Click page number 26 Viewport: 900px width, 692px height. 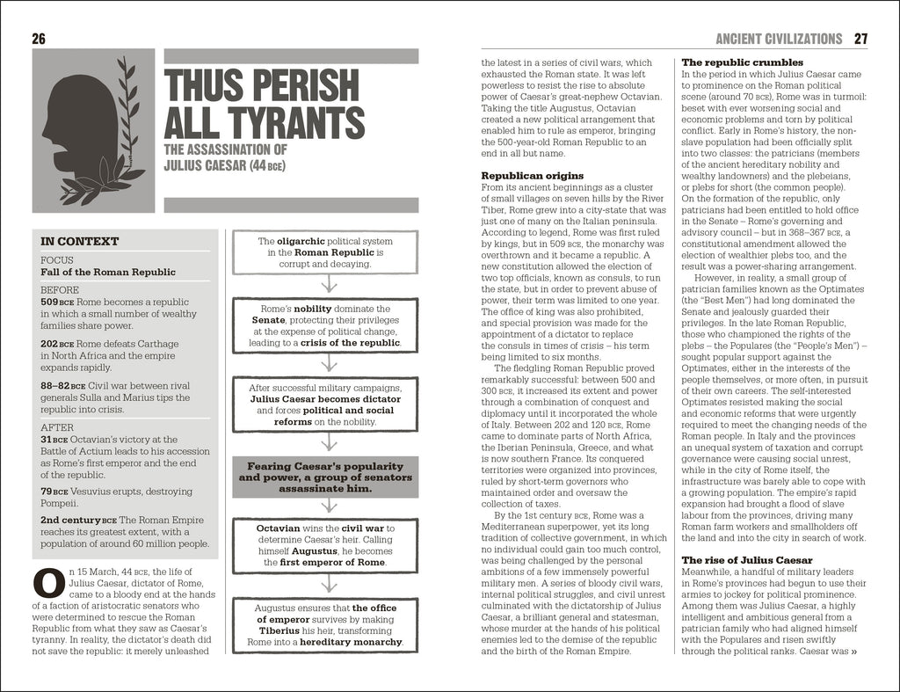coord(38,39)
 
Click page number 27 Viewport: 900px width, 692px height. coord(860,39)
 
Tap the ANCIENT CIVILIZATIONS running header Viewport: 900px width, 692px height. coord(778,39)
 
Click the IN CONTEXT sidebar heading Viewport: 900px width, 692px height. coord(80,241)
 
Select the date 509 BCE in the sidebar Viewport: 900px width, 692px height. coord(56,302)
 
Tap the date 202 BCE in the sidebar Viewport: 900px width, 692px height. coord(56,344)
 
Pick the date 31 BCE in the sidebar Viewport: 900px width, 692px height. coord(54,439)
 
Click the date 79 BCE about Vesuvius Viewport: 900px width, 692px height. coord(54,491)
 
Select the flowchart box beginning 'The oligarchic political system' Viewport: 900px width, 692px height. coord(326,251)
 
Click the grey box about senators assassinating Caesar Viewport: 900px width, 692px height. coord(326,477)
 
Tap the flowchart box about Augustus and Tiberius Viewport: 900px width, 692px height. coord(326,624)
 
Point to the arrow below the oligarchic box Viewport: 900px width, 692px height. coord(326,284)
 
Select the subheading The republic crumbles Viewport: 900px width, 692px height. coord(742,62)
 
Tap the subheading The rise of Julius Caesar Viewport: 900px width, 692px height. coord(747,559)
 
